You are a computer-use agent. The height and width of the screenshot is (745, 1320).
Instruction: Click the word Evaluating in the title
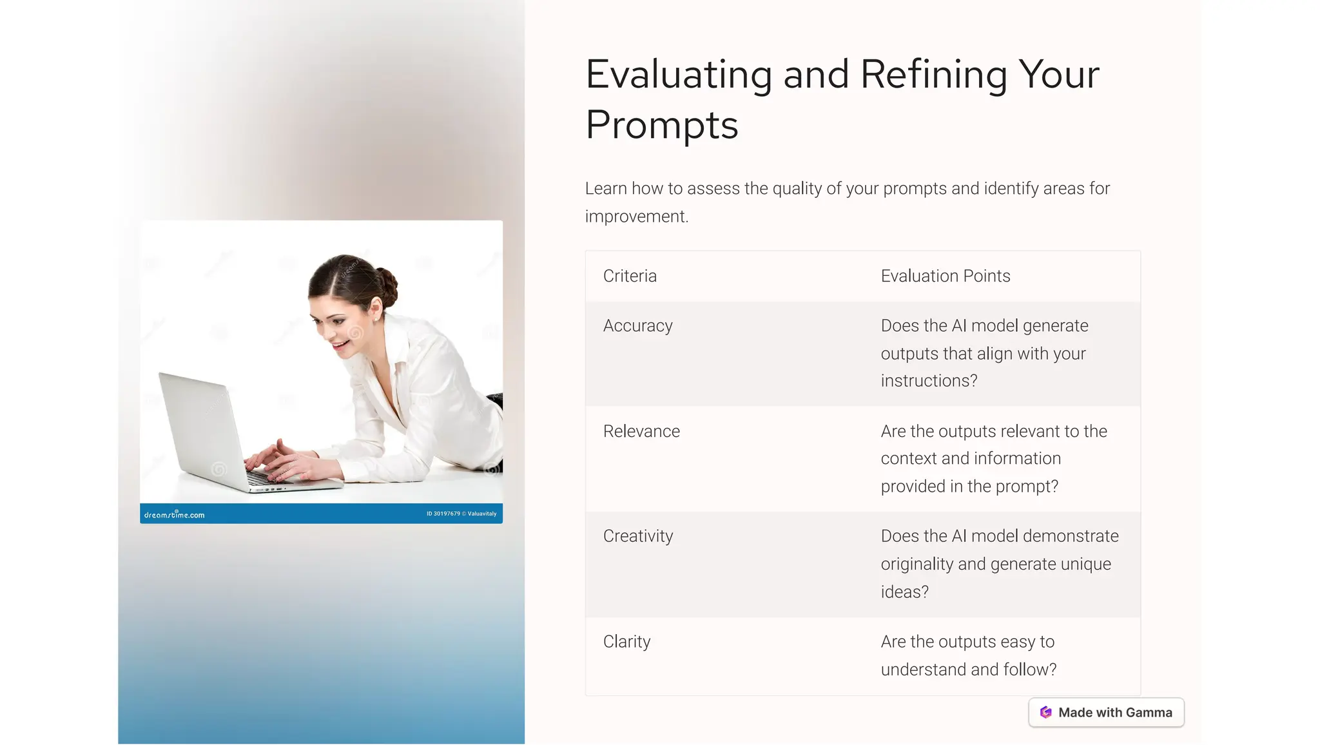678,75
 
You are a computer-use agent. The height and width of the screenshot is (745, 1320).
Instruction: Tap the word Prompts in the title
661,125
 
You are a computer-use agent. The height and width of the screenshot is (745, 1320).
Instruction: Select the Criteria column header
630,276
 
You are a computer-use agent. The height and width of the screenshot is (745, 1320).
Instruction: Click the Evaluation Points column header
945,276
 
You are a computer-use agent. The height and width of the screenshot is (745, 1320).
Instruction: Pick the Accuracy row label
637,326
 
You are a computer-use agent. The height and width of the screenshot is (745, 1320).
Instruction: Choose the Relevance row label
641,431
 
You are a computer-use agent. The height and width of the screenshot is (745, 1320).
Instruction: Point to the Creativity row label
637,536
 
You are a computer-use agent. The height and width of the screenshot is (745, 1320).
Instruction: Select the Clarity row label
626,642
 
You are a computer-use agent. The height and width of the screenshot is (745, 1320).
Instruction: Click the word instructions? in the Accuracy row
929,381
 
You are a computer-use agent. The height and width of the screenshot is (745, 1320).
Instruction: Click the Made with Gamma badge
1106,713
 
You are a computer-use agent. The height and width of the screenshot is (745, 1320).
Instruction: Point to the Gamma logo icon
1045,713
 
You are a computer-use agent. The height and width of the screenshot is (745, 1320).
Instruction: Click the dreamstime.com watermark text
174,515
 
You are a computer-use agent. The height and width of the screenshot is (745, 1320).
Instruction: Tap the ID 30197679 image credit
443,514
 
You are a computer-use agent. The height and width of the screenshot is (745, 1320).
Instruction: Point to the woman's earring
377,318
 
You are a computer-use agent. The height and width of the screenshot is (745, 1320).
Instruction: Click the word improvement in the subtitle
636,217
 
